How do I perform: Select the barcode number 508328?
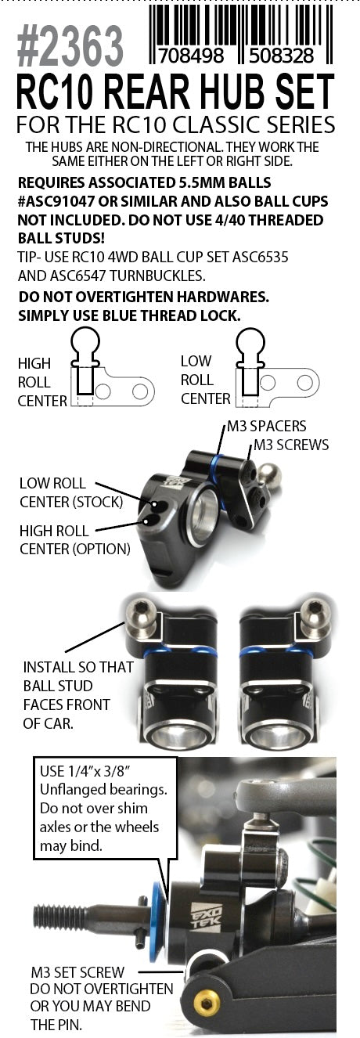pos(281,56)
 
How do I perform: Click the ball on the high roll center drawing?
pos(85,342)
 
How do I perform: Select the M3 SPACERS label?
pos(266,426)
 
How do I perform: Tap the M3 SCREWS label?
pos(291,445)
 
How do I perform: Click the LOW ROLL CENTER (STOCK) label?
pos(71,492)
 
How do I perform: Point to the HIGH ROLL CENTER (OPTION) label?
pos(74,540)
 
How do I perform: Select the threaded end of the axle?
pos(51,917)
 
